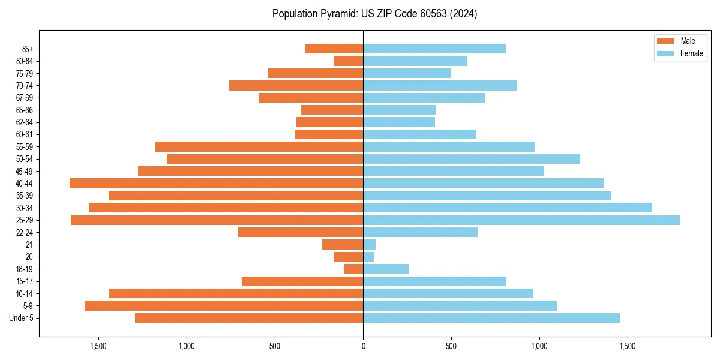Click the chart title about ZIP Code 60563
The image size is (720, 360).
coord(374,14)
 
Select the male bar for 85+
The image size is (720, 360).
coord(334,49)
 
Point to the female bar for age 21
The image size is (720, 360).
coord(370,245)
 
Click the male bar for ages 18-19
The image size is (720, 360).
coord(353,269)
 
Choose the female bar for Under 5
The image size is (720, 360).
coord(491,318)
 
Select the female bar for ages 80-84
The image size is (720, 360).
coord(415,61)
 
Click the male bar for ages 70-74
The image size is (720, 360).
coord(296,86)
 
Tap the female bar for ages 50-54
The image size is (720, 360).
coord(472,159)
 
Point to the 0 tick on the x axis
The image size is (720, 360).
coord(363,346)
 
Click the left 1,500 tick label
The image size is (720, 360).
coord(98,346)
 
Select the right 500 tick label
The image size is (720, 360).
coord(451,346)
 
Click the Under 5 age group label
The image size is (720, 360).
coord(22,318)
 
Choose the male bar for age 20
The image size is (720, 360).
coord(349,257)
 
